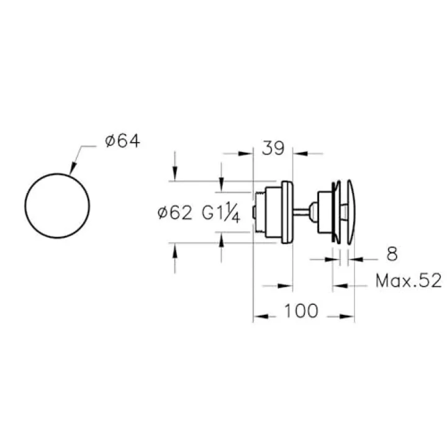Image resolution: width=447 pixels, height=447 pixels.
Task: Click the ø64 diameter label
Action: point(122,142)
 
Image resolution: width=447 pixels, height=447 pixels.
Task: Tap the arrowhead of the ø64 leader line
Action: point(73,168)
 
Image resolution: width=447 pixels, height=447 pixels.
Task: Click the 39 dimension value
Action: point(273,148)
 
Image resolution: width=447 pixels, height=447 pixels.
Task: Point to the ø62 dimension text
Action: point(175,213)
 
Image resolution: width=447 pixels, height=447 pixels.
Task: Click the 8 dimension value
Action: point(392,254)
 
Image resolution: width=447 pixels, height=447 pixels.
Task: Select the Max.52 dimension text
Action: point(409,281)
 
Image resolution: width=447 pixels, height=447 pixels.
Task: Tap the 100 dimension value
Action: point(301,311)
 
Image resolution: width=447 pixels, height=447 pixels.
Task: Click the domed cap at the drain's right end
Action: point(351,212)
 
